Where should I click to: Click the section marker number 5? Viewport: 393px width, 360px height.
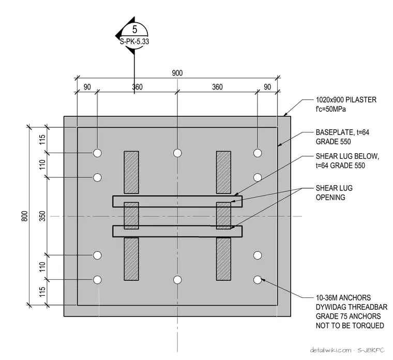[134, 29]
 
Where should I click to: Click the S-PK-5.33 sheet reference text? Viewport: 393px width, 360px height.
[134, 41]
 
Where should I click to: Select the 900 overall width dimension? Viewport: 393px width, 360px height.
[177, 73]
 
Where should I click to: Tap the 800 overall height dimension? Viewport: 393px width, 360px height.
[24, 216]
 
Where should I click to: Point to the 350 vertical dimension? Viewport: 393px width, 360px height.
[43, 216]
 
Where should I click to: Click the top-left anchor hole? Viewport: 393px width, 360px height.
[98, 153]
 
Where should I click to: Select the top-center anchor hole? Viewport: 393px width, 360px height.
[177, 153]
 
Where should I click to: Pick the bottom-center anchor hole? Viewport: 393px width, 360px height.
[177, 280]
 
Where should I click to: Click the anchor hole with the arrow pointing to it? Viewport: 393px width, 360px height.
[258, 280]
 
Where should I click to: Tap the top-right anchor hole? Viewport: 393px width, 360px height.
[258, 153]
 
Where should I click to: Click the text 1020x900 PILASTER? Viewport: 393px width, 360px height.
[346, 100]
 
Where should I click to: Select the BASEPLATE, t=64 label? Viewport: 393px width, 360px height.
[342, 132]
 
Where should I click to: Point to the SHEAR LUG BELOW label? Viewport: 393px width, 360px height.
[347, 156]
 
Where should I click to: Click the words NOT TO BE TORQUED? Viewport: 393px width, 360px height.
[350, 325]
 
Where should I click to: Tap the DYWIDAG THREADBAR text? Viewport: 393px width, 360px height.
[352, 307]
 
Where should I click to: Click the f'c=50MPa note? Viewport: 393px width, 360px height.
[331, 109]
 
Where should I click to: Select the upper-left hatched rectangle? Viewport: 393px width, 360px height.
[131, 172]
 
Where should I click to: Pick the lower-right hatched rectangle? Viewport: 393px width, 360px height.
[223, 259]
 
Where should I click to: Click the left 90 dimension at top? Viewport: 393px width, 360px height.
[87, 87]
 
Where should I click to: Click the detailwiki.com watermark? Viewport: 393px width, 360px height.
[330, 350]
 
